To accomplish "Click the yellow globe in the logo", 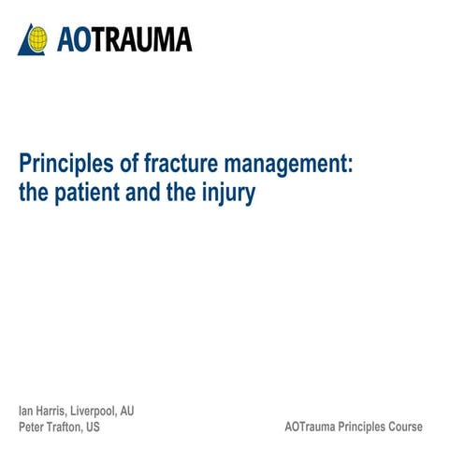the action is coord(37,39).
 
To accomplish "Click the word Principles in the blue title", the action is coord(66,164).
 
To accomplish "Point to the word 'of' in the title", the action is coord(129,163).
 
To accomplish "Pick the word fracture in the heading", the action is coord(181,163).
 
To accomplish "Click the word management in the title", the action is coord(288,165).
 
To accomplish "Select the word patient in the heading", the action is coord(87,194).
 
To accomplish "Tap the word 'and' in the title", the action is coord(143,192).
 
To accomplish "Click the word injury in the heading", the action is coord(228,194).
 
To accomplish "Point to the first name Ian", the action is coord(26,411).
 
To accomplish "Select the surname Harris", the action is coord(51,411).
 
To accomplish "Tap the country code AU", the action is coord(127,411).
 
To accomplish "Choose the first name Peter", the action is coord(32,427).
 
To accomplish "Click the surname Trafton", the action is coord(65,427).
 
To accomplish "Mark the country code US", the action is coord(93,427).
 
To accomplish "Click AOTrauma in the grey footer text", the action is coord(310,427).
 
